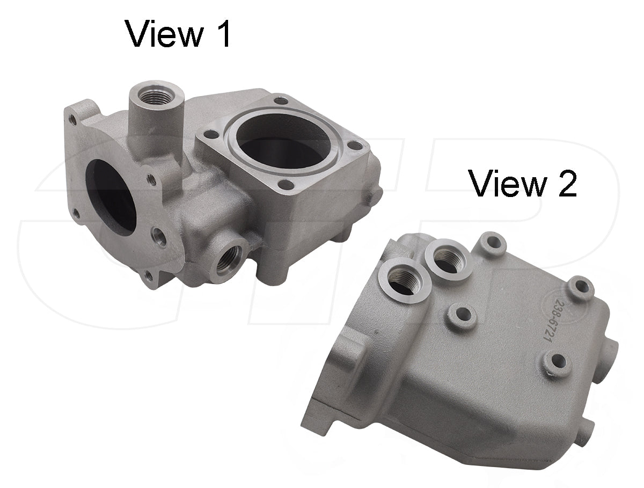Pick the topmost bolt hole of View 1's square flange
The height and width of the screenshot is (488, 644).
coord(280,100)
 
